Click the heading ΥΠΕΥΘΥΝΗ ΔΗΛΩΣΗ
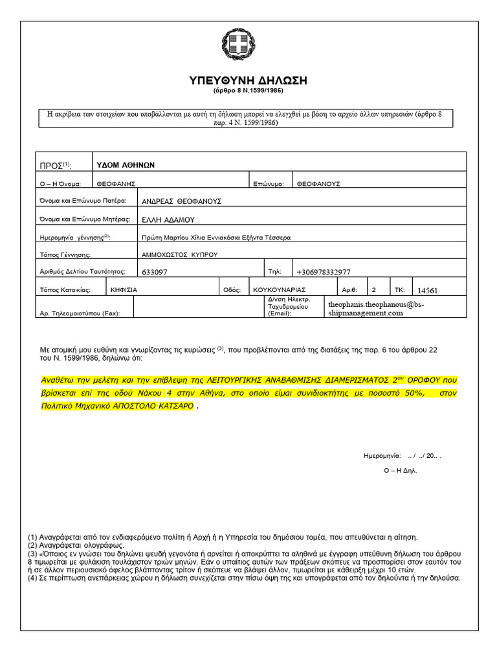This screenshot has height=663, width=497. point(248,80)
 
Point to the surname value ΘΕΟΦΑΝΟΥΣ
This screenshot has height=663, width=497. point(318,184)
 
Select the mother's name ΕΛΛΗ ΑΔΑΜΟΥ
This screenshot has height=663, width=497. point(168,219)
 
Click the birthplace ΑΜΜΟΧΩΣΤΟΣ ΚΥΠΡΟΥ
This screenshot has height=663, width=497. point(179,254)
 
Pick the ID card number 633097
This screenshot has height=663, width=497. point(154,273)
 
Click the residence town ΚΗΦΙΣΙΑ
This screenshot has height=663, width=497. point(124,290)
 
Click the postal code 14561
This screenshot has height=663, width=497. point(432,291)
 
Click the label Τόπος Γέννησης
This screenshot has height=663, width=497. point(65,254)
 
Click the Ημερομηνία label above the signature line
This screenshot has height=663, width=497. point(382,456)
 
